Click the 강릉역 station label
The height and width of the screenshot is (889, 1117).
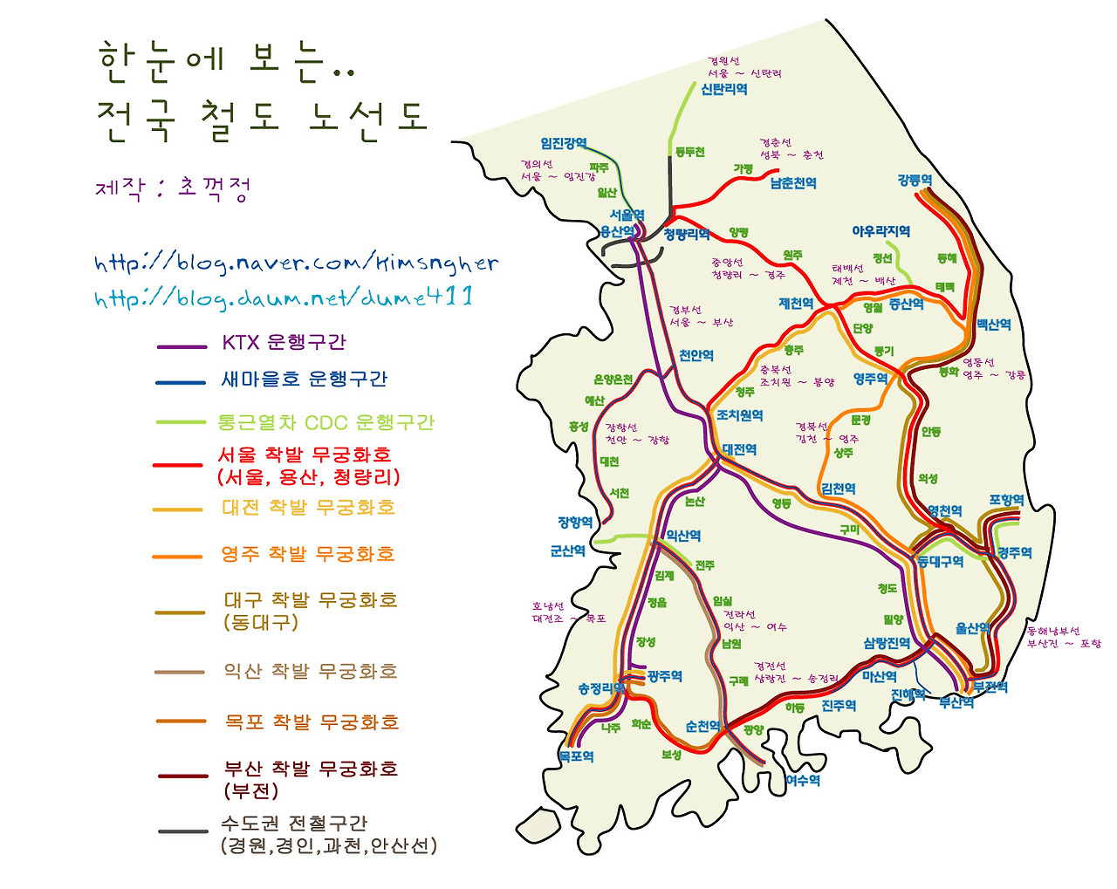915,181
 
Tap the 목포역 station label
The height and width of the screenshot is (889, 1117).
576,756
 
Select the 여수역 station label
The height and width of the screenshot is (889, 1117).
803,781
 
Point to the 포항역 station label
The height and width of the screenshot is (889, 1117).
1006,500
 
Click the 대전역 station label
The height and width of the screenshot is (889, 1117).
739,449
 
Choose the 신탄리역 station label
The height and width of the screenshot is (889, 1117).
724,89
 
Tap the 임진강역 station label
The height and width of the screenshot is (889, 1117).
564,143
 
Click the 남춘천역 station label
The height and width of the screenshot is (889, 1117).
793,183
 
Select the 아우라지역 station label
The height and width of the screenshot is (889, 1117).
881,231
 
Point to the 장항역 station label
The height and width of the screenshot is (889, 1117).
575,522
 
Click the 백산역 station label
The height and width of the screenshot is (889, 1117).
994,325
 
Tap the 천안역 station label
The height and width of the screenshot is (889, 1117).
696,356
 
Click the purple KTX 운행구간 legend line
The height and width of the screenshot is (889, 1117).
181,347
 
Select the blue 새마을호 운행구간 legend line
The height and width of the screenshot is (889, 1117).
181,382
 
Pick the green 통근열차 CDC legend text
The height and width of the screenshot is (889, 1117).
325,422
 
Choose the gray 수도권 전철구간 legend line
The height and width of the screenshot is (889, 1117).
182,831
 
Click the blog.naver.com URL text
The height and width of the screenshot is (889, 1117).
297,263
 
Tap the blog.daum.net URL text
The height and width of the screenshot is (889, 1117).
284,297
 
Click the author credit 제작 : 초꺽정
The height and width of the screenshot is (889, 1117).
173,187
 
